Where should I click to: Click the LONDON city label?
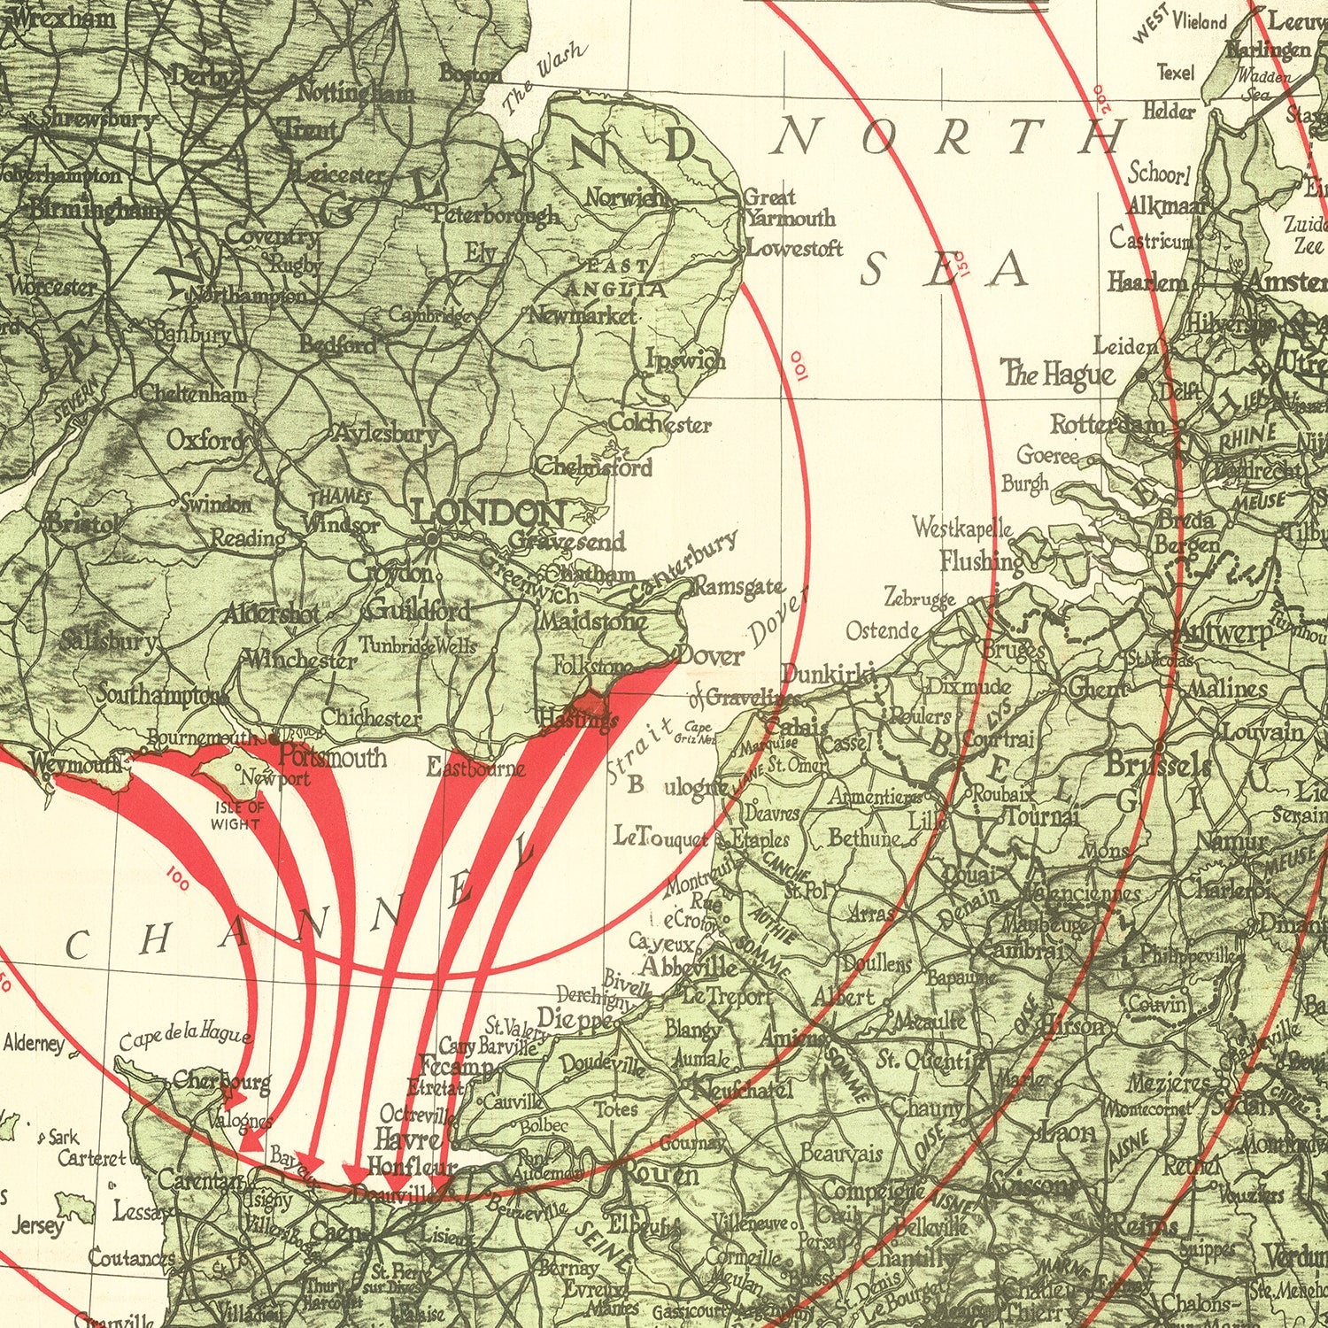click(488, 512)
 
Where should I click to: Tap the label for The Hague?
click(1058, 374)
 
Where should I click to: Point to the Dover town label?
click(710, 656)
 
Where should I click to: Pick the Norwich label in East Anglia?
click(626, 198)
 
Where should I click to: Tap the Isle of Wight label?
click(235, 815)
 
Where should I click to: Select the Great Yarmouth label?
click(788, 207)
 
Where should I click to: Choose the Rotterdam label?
click(1108, 425)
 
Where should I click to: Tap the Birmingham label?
click(97, 211)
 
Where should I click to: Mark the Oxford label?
click(205, 439)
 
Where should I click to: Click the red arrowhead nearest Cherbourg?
click(234, 1099)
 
